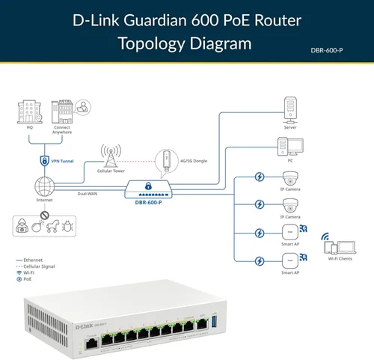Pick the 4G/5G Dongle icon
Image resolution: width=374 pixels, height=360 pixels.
click(x=163, y=162)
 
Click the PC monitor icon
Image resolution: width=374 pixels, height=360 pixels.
click(x=290, y=147)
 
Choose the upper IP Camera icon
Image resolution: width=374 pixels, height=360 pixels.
click(x=290, y=178)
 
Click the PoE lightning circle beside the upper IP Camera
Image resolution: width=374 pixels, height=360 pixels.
click(x=259, y=178)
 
